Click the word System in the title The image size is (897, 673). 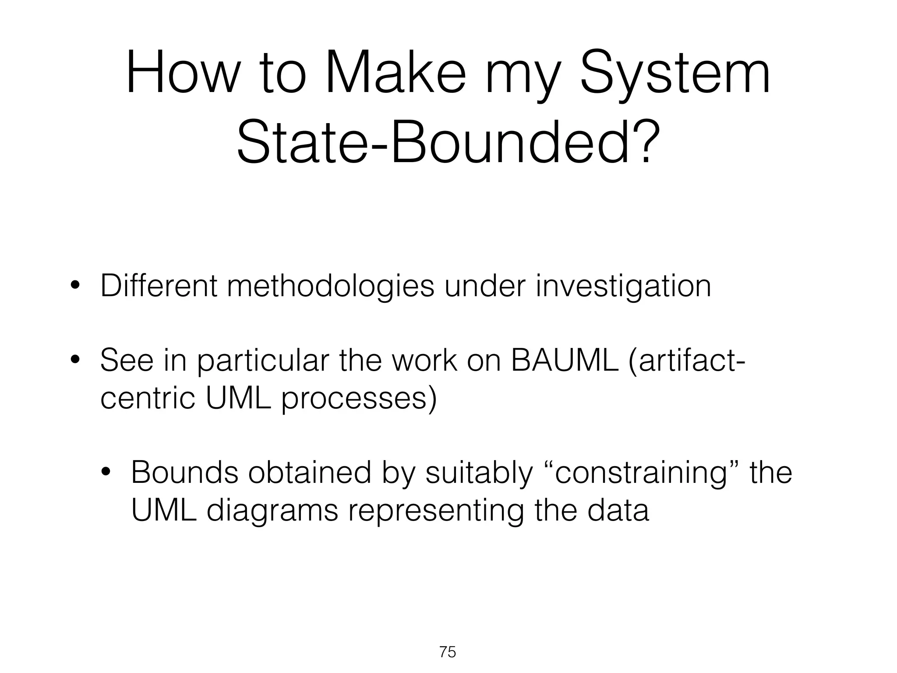click(x=675, y=74)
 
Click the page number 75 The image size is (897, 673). click(x=448, y=652)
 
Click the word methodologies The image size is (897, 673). click(x=331, y=287)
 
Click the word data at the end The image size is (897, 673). click(x=618, y=510)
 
